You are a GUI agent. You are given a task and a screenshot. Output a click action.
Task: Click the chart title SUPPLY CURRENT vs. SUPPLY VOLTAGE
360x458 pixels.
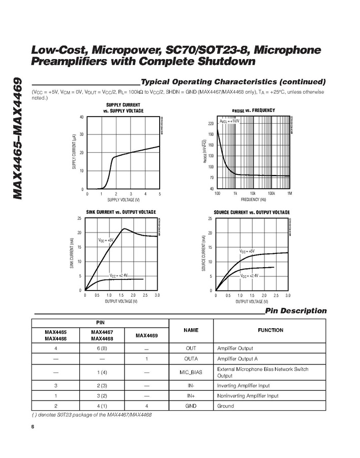(x=123, y=107)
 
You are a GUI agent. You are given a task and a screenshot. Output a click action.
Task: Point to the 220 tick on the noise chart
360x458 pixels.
(x=211, y=124)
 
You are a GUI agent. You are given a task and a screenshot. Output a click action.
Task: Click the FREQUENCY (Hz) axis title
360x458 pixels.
(x=253, y=199)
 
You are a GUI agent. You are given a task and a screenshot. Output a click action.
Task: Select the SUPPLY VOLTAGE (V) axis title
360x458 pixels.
(x=123, y=199)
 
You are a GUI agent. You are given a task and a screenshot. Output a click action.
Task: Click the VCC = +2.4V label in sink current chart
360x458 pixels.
(x=119, y=275)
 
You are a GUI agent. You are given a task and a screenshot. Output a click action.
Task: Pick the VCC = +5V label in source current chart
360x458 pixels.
(x=247, y=251)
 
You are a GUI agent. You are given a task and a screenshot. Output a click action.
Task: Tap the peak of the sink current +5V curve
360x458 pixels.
(x=124, y=228)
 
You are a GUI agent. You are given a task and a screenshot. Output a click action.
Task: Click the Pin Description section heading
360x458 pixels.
(x=296, y=311)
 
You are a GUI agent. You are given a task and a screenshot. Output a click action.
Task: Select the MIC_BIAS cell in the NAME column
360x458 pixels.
(x=191, y=372)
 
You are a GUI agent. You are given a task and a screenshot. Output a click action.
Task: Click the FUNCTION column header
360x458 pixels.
(x=271, y=330)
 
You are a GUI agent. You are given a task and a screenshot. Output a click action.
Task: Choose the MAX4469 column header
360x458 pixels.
(x=146, y=335)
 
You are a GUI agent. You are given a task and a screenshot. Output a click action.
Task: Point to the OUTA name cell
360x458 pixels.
(x=191, y=359)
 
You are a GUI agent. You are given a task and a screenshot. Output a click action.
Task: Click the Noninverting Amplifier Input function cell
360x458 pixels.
(x=248, y=396)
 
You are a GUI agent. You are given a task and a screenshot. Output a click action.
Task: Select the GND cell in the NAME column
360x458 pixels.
(x=191, y=406)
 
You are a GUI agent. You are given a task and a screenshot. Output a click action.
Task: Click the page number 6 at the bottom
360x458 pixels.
(x=33, y=426)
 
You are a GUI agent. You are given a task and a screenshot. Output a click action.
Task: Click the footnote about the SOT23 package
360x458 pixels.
(x=92, y=415)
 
